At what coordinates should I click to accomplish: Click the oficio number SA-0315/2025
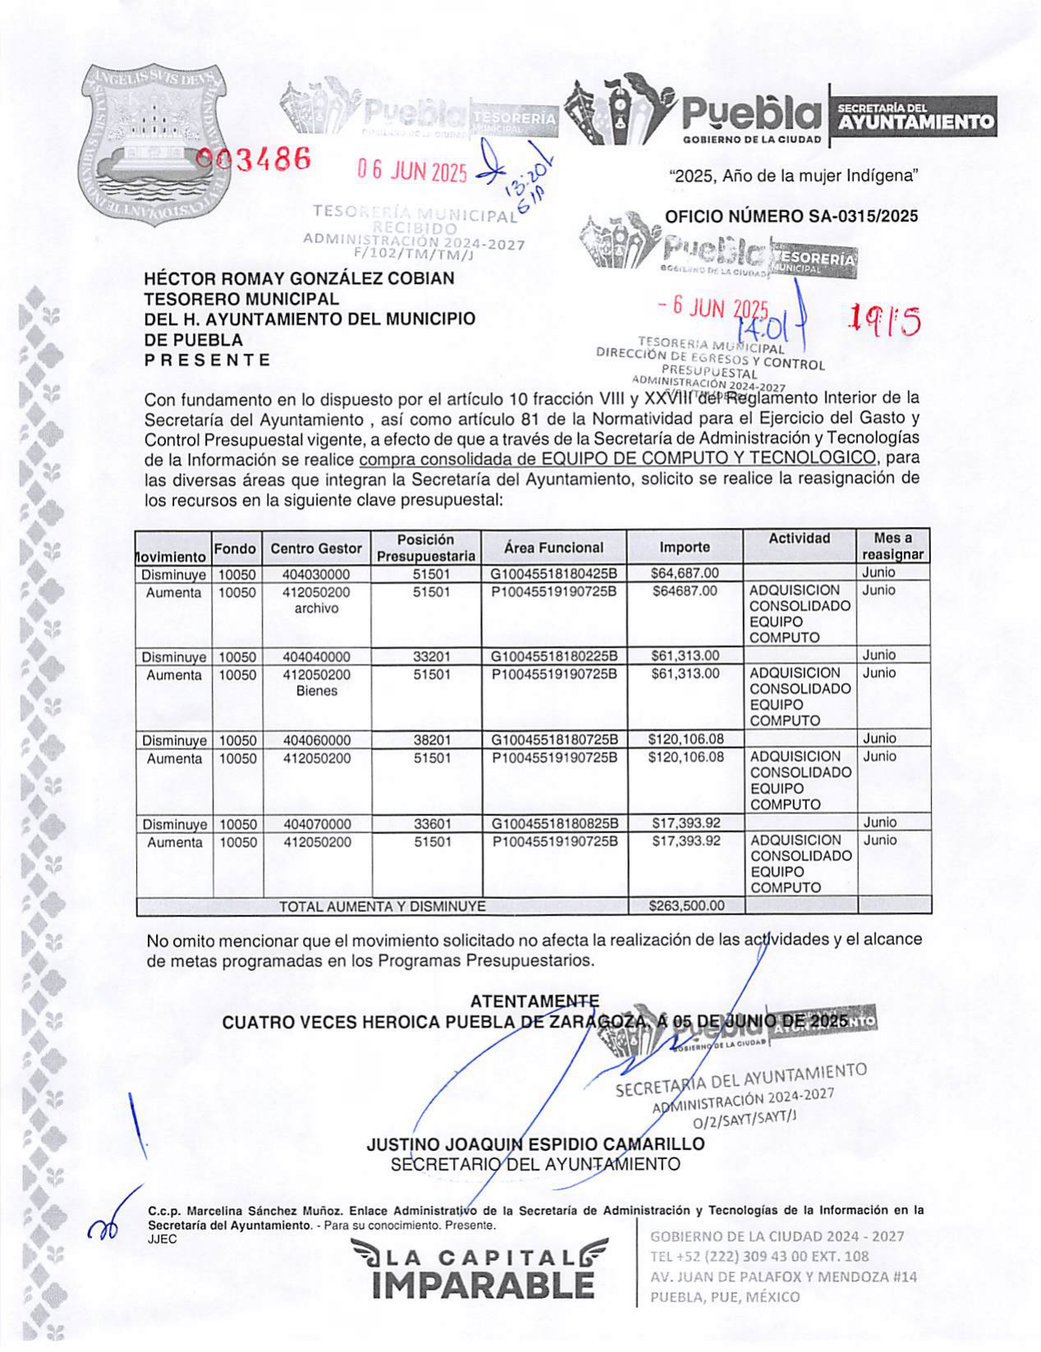(x=791, y=217)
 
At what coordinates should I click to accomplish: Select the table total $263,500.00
(x=686, y=906)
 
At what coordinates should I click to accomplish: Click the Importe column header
(x=685, y=548)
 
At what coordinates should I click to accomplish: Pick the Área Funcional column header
(x=553, y=548)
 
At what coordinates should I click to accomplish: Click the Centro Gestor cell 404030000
(x=316, y=575)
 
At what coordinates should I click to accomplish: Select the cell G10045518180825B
(x=554, y=823)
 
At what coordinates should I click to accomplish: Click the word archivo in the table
(x=316, y=608)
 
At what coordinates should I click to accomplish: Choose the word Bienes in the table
(x=317, y=691)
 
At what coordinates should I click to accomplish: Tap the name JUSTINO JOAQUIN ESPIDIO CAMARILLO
(x=535, y=1144)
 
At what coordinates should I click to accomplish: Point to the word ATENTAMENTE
(x=534, y=1001)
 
